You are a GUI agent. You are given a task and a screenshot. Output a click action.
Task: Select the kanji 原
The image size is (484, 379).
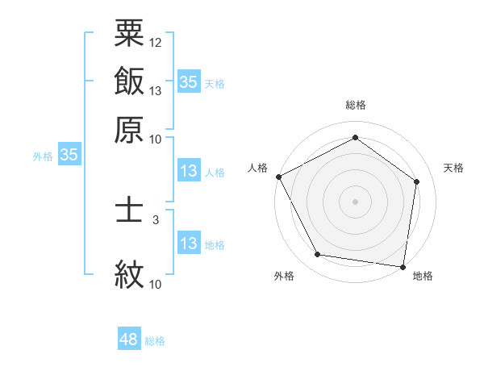point(129,129)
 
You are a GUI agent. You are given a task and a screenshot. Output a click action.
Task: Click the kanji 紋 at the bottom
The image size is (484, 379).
point(129,274)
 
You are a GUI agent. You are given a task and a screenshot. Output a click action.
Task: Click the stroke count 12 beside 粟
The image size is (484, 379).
point(156,42)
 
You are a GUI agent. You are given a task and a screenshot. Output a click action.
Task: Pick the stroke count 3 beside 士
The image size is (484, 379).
point(155,219)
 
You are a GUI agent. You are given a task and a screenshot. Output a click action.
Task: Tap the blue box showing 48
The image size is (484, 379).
point(129,339)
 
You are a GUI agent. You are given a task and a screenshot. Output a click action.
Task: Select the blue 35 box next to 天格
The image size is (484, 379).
point(189,81)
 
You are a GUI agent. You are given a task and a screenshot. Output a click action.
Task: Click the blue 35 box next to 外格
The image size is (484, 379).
point(69,155)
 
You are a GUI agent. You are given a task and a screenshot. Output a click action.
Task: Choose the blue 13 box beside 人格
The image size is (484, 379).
point(189,171)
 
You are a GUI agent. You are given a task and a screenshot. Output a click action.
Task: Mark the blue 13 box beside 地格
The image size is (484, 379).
point(189,244)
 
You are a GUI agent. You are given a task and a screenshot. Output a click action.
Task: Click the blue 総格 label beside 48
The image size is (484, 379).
point(155,341)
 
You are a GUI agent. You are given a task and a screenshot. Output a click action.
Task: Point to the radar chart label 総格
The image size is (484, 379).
point(355,105)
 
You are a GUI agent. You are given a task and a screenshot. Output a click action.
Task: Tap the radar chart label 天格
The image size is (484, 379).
point(453,168)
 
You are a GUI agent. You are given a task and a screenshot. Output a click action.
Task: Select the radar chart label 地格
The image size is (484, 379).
point(423,276)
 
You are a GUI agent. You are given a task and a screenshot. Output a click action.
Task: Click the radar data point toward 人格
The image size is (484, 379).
point(278,177)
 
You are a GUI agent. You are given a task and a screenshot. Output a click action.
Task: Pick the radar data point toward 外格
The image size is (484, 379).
point(318,255)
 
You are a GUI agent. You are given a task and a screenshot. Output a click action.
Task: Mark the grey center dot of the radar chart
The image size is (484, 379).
point(355,201)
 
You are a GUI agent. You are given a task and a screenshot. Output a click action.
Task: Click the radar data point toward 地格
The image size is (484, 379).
point(403,266)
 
